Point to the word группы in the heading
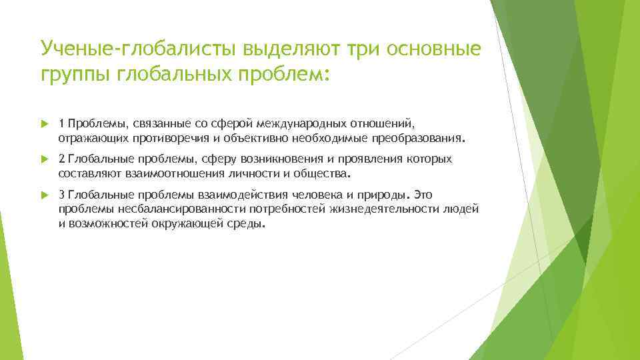tap(75, 75)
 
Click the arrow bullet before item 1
tap(44, 123)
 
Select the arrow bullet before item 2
tap(44, 159)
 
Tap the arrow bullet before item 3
tap(44, 195)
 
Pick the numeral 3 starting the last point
tap(61, 195)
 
